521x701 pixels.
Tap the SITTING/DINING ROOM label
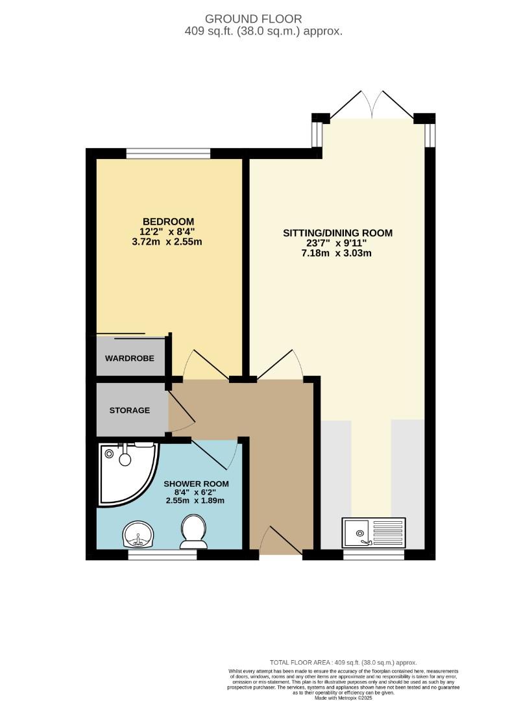tap(337, 233)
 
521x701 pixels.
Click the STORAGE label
tap(130, 410)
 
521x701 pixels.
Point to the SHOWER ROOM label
tap(196, 484)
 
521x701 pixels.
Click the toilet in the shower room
tap(192, 531)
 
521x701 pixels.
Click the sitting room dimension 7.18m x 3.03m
tap(337, 254)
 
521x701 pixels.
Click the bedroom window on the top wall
tap(168, 154)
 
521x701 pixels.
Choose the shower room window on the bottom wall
tap(162, 555)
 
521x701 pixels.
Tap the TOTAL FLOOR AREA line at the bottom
tap(343, 661)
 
